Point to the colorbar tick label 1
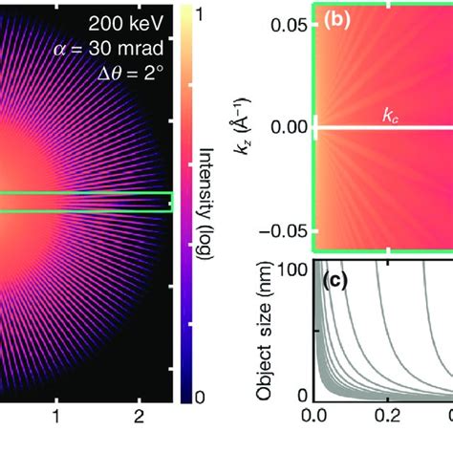click(199, 14)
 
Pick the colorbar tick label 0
click(199, 397)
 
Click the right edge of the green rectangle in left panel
click(171, 202)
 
